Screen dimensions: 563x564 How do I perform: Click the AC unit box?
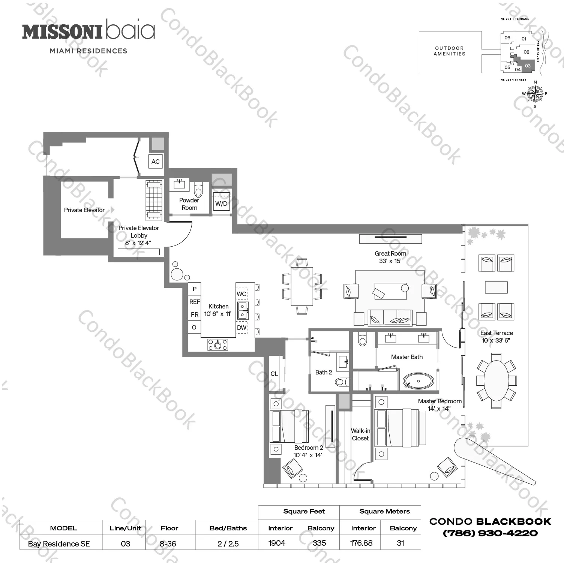(155, 162)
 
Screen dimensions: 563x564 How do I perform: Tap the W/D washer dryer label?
(221, 204)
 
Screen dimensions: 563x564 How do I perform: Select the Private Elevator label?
(84, 210)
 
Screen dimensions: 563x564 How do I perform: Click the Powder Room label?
(189, 204)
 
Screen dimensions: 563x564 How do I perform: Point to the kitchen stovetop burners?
(218, 344)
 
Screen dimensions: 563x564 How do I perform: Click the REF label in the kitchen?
(195, 302)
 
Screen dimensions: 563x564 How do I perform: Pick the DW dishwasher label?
(242, 328)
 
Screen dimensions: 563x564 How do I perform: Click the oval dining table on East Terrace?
(496, 380)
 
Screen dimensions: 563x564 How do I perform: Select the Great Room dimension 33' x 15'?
(390, 261)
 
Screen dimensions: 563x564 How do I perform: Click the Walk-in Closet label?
(360, 434)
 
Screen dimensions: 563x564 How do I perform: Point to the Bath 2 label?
(323, 372)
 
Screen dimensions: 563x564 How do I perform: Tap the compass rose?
(535, 93)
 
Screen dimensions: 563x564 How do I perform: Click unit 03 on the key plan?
(527, 66)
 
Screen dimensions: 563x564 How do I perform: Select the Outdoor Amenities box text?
(450, 51)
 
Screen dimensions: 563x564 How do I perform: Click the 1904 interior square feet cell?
(277, 543)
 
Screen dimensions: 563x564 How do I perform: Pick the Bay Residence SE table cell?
(59, 544)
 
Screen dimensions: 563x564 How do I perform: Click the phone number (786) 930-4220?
(490, 533)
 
